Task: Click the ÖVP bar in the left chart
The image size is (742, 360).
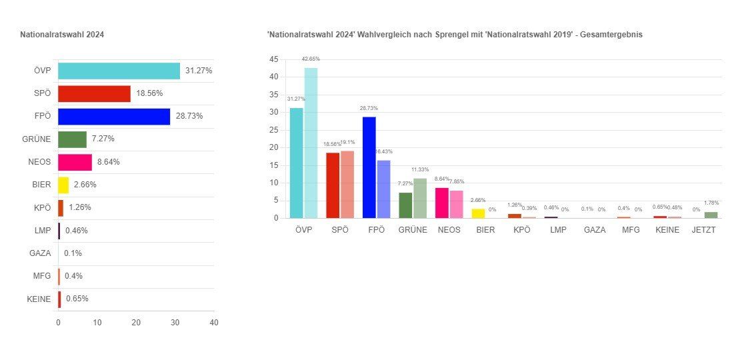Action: click(119, 71)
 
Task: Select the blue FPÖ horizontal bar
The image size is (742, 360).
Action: click(114, 117)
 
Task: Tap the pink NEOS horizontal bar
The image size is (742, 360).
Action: click(75, 162)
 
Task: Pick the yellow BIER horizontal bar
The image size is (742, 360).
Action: click(63, 185)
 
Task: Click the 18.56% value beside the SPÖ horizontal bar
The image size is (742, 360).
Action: click(149, 94)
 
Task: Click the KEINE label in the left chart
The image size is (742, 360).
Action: click(39, 299)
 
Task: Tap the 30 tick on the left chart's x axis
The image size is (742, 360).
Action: click(175, 323)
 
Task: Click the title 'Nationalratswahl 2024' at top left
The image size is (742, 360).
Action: click(62, 35)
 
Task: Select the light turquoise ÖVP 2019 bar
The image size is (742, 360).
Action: click(311, 143)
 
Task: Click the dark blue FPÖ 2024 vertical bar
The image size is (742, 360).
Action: click(369, 167)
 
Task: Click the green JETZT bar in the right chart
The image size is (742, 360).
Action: click(711, 215)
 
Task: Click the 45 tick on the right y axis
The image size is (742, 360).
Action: click(274, 59)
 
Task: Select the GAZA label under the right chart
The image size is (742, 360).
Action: click(595, 230)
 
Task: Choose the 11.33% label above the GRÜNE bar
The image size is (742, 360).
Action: click(420, 169)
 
